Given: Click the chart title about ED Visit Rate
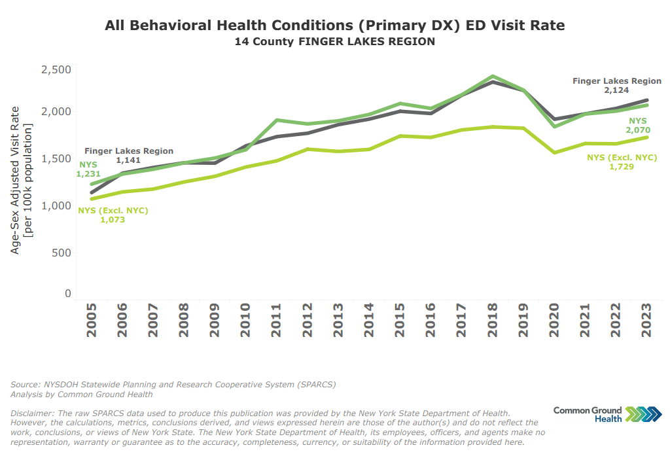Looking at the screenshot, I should click(x=334, y=26).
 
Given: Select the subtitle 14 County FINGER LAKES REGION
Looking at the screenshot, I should click(x=334, y=42).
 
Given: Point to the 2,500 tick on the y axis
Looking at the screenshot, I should click(x=56, y=70).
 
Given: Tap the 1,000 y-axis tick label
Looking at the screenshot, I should click(x=56, y=205).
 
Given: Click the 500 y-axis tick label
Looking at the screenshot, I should click(x=62, y=253).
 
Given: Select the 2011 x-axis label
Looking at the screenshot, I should click(x=276, y=319).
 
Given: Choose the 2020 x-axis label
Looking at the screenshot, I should click(x=554, y=319).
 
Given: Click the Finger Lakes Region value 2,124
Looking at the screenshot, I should click(x=617, y=90).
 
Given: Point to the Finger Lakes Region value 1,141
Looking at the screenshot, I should click(x=128, y=160).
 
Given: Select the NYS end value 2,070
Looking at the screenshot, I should click(x=638, y=130).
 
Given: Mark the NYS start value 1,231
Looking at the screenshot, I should click(x=90, y=174).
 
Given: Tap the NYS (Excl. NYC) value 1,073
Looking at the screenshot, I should click(x=112, y=220).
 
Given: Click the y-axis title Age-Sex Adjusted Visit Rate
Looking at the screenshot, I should click(x=15, y=179).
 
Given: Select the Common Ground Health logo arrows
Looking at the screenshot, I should click(x=643, y=414).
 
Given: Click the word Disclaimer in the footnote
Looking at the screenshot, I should click(x=33, y=414).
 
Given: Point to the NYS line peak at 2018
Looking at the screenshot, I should click(x=492, y=77).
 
